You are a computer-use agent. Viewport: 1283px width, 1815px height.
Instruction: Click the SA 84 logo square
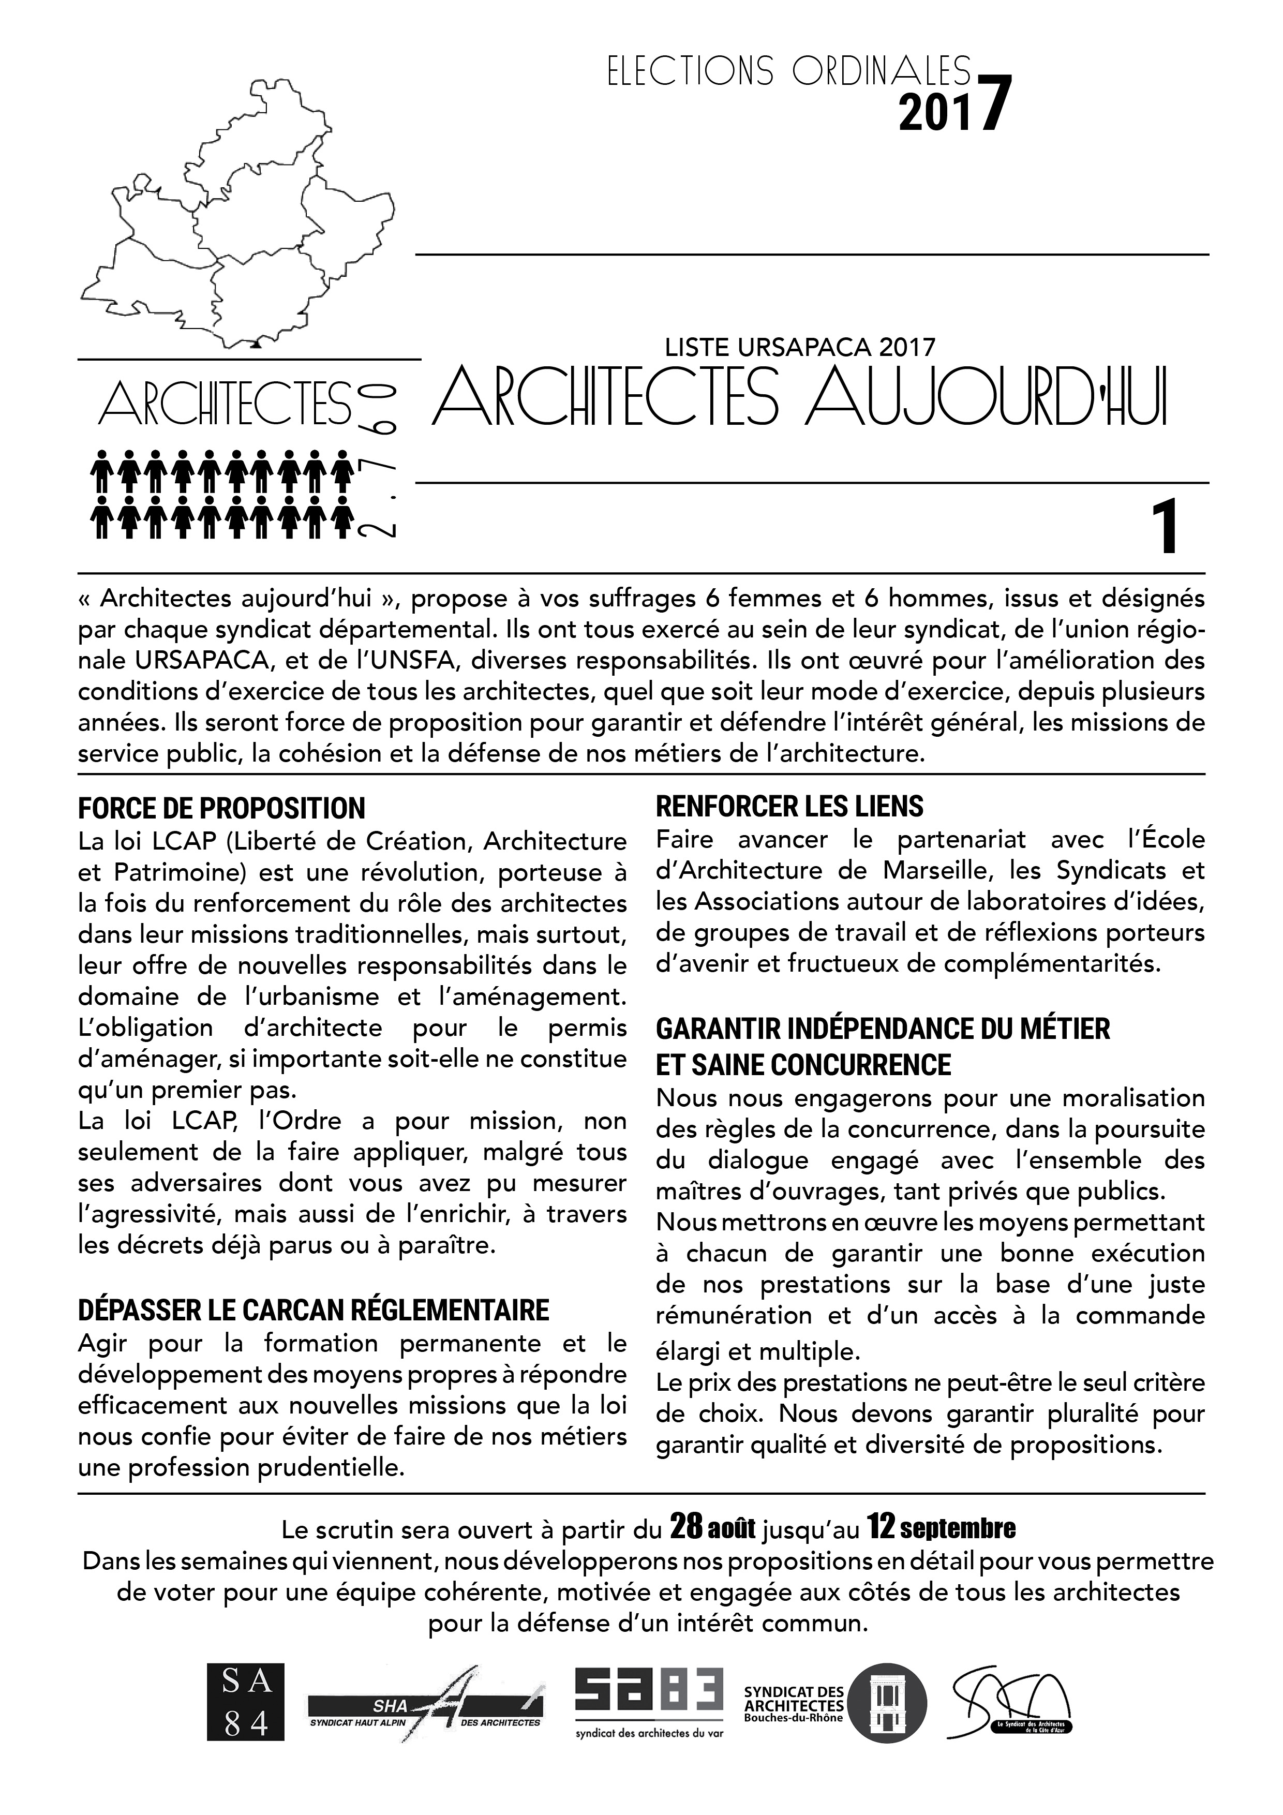tap(245, 1702)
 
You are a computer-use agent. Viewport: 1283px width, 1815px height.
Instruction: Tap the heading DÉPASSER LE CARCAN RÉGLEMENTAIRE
tap(313, 1310)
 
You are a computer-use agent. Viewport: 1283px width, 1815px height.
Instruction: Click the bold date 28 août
tap(713, 1528)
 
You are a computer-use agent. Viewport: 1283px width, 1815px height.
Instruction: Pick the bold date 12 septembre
tap(941, 1528)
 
